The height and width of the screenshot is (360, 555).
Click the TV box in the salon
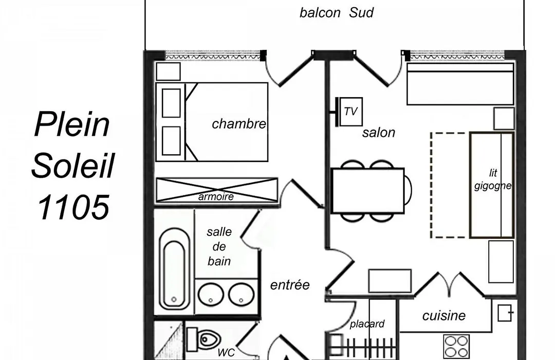coord(351,112)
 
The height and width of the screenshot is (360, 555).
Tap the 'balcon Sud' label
coord(336,13)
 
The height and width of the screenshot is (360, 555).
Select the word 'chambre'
coord(239,123)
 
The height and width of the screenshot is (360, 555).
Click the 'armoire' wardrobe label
coord(216,196)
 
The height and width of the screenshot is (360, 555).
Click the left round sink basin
coord(211,295)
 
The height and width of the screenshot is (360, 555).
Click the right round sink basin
coord(242,295)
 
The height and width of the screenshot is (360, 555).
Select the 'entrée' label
coord(290,285)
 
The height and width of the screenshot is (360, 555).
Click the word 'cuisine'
coord(444,316)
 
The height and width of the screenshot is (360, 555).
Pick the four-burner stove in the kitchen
coord(457,347)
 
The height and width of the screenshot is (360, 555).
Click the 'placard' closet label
coord(367,324)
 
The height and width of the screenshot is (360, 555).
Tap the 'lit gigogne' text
coord(493,179)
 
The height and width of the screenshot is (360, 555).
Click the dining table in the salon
coord(368,191)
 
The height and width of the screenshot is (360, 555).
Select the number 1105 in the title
coord(73,207)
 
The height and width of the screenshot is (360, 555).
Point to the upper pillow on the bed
coord(171,103)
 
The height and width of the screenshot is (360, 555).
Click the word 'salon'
coord(378,133)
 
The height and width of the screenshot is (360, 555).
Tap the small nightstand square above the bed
coord(169,71)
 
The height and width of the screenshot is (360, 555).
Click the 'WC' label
coord(226,353)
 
